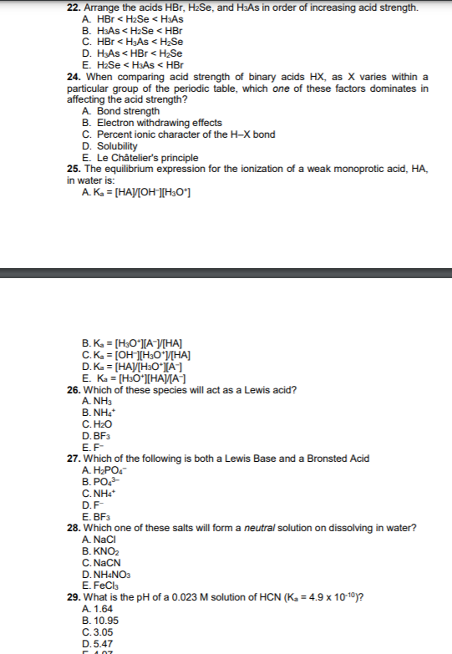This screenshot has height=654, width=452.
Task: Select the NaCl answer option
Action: click(x=99, y=540)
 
